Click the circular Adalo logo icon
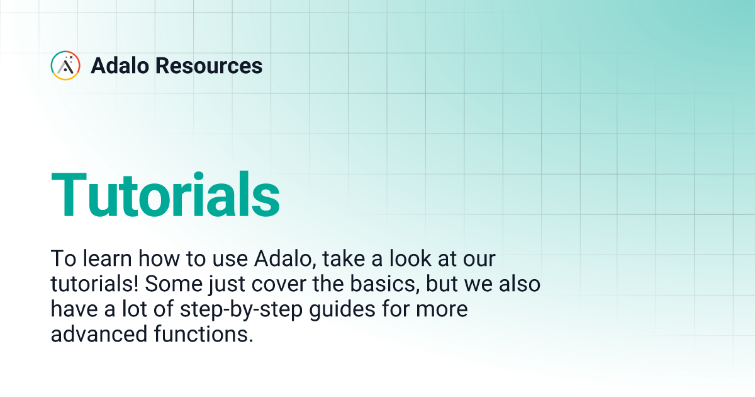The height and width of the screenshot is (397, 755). (65, 66)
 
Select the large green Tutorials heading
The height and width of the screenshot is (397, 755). (165, 195)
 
